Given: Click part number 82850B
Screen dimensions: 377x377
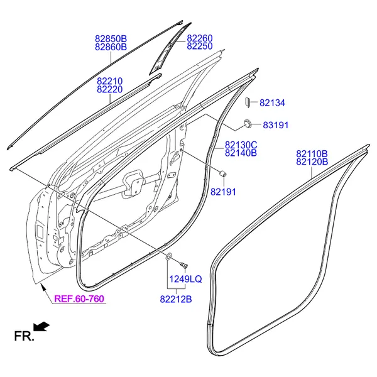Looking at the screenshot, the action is point(111,39).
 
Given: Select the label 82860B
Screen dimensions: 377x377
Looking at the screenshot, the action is point(111,47).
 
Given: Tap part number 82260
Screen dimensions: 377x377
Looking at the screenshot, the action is point(200,38).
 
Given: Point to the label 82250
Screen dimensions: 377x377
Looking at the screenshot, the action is point(200,46).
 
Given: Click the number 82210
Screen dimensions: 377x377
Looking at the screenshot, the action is point(109,81).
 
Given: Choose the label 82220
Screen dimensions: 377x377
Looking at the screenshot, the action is point(109,89).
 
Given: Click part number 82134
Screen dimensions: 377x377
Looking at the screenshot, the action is point(273,103).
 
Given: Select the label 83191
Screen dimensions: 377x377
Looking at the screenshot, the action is point(276,125).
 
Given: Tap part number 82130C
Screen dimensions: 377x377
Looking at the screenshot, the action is point(241,145).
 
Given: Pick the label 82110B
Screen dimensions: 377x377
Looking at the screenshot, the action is point(312,154).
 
